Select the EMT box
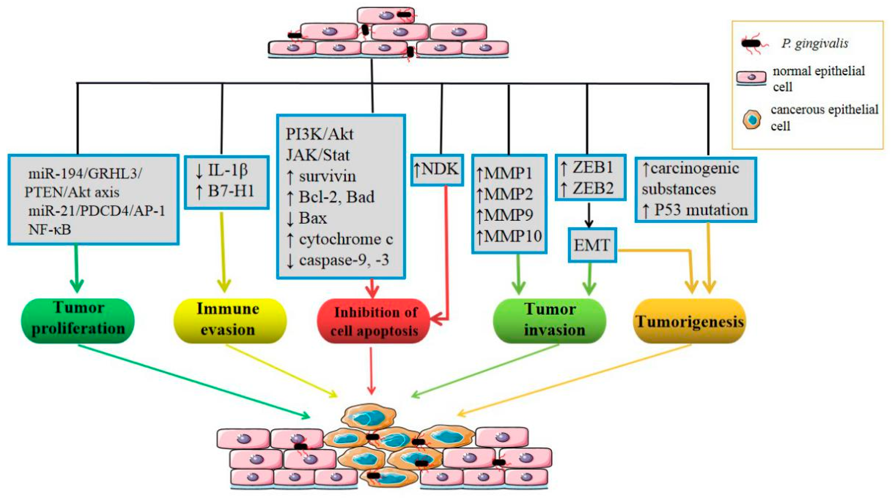coord(592,245)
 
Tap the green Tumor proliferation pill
coord(78,320)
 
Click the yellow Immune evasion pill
coord(230,320)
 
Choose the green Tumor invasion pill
coord(550,320)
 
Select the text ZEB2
coord(593,188)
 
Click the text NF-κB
coord(49,229)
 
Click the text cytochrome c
coord(346,239)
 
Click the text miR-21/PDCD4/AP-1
coord(97,211)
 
